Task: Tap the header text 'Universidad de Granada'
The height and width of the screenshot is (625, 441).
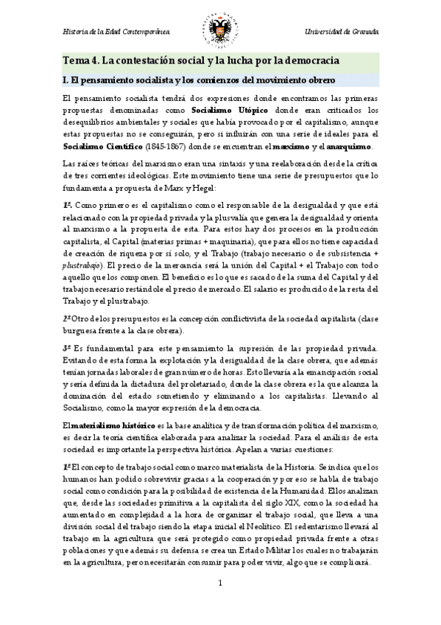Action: pos(342,33)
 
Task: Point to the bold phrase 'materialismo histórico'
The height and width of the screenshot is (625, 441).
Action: pos(113,425)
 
